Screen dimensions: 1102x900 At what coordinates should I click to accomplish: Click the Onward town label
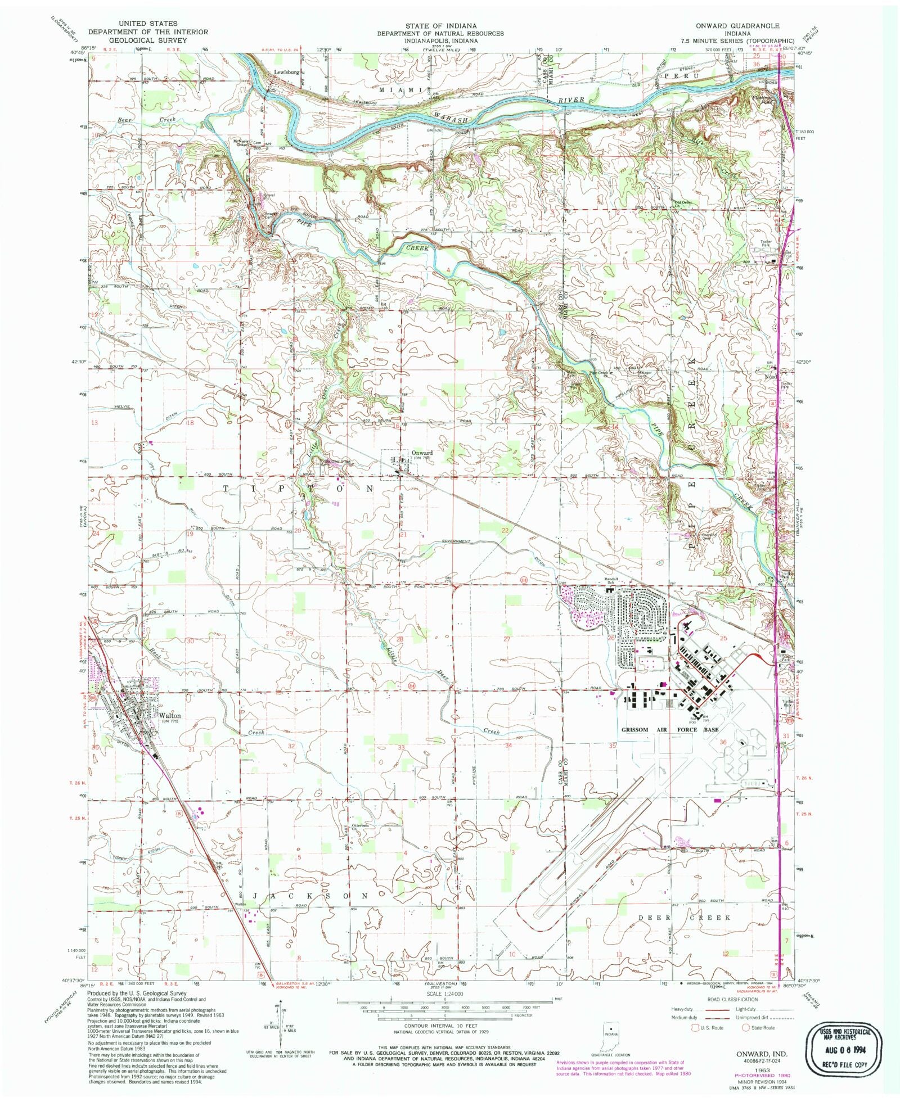click(x=422, y=453)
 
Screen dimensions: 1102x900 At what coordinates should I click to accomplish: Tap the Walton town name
click(x=170, y=716)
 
